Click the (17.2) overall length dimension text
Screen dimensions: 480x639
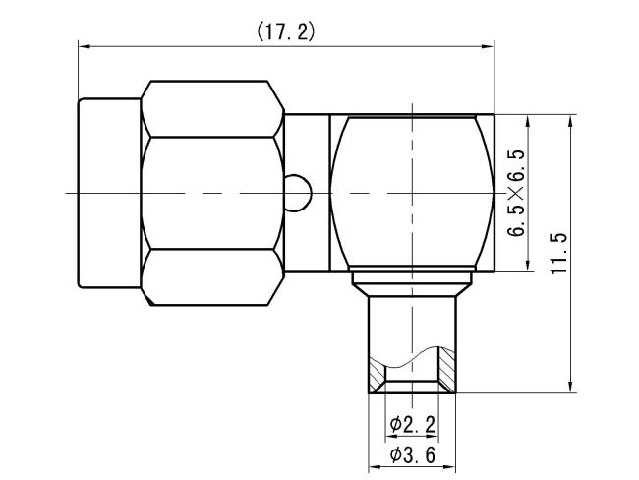[x=285, y=31]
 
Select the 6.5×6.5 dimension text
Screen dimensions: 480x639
[x=516, y=192]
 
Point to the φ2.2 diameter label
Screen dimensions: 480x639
[x=412, y=425]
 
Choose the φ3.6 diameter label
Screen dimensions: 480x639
[x=412, y=455]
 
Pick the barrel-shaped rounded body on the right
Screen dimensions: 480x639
[x=411, y=192]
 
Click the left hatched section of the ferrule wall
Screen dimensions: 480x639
[x=378, y=376]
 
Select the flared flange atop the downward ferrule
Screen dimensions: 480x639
[x=411, y=282]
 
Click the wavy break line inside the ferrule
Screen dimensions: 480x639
[x=411, y=355]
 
